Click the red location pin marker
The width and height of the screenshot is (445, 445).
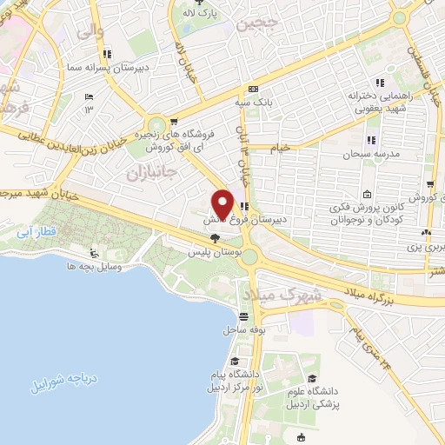pos(222,204)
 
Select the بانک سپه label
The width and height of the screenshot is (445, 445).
pos(258,102)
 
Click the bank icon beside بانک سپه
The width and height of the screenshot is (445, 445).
pos(253,89)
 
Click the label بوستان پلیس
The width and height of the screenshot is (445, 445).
pos(213,253)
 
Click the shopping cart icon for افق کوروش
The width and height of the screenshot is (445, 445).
pos(175,122)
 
